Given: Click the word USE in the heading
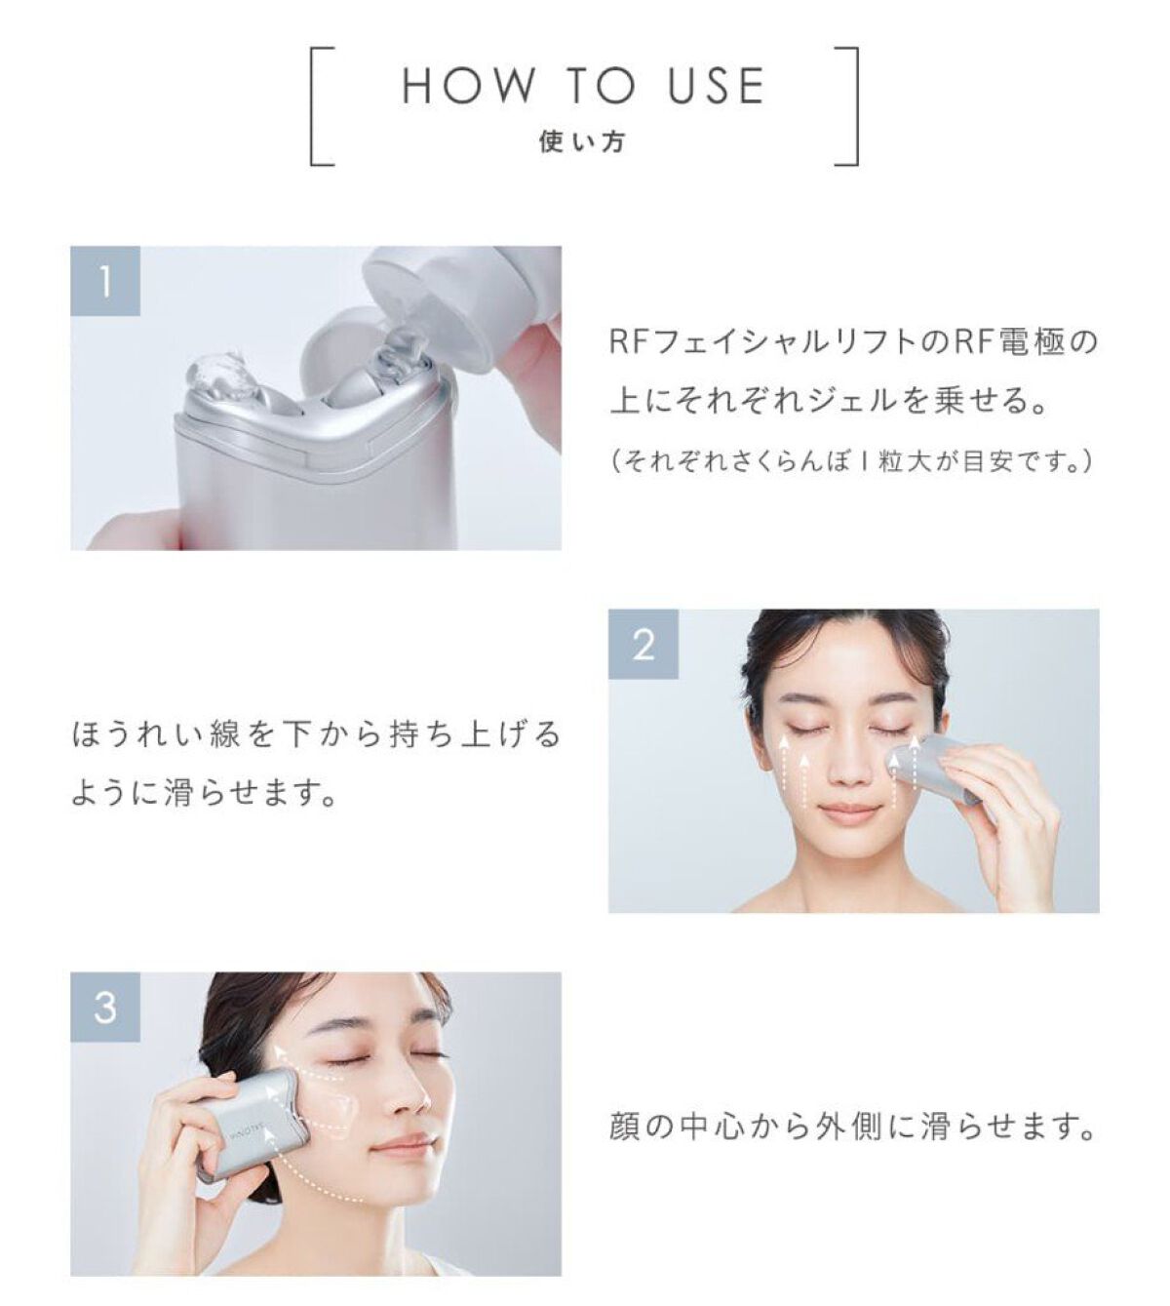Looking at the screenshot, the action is (x=716, y=85).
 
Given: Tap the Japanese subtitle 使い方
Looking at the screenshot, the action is (x=582, y=141).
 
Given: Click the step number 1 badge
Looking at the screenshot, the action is (x=105, y=281).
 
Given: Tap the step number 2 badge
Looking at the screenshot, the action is (x=643, y=644).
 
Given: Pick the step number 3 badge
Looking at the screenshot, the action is (x=105, y=1007).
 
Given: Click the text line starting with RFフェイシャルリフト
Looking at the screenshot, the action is (x=853, y=342).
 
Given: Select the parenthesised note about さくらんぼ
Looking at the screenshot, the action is (x=853, y=461).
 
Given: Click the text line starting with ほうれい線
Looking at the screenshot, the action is (x=316, y=734).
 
